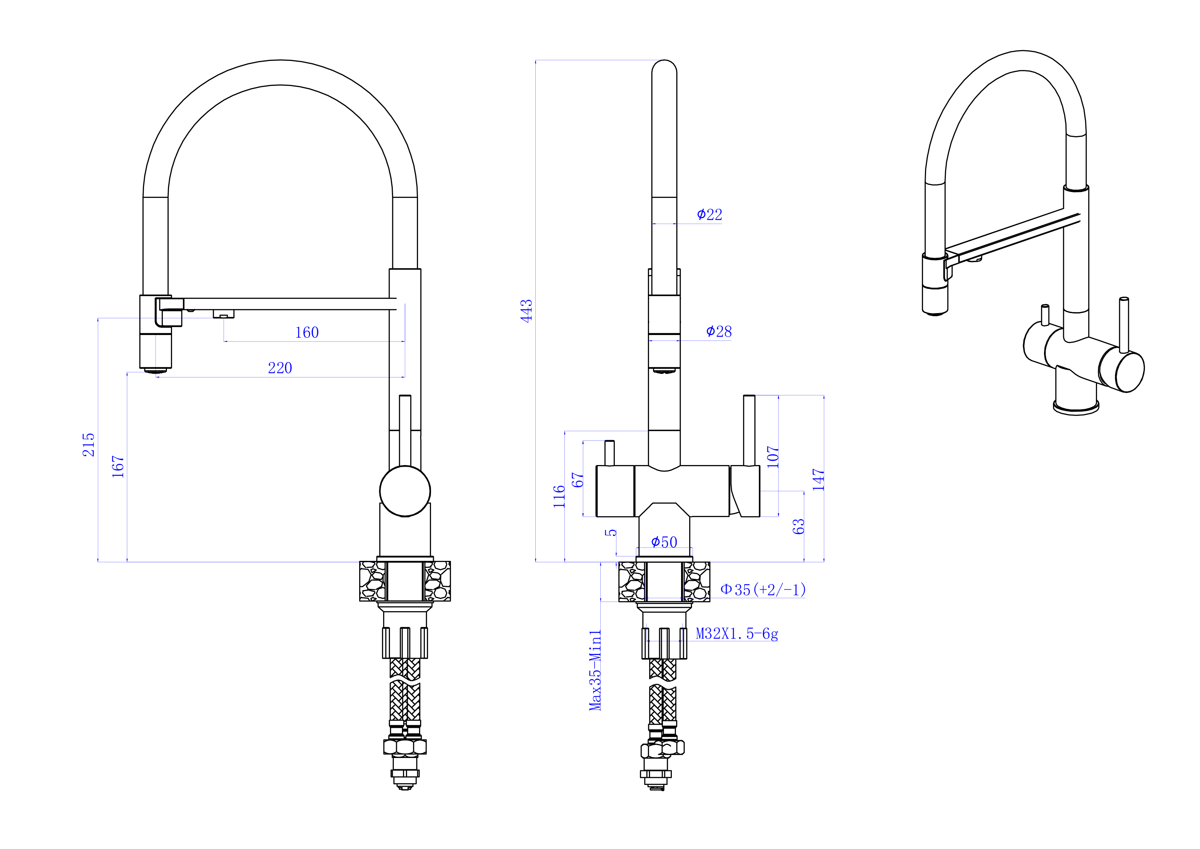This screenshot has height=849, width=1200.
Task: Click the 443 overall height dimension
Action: point(526,311)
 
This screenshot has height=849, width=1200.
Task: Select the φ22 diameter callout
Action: point(709,214)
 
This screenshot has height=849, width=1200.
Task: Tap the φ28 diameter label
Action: point(719,332)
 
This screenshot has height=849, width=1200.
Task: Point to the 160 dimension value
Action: point(307,333)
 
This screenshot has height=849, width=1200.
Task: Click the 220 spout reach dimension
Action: point(280,368)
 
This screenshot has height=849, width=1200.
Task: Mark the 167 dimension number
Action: point(118,466)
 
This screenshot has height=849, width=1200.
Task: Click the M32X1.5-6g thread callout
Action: point(737,634)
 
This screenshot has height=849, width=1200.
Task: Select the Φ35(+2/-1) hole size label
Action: point(763,590)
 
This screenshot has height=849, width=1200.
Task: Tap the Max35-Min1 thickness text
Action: point(595,670)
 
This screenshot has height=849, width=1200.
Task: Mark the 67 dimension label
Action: point(577,480)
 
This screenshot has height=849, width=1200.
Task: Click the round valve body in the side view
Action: point(405,491)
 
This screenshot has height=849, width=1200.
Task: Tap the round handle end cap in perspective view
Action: point(1130,372)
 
